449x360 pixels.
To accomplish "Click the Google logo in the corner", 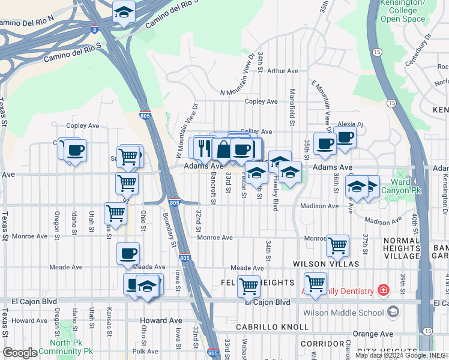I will point(20,353).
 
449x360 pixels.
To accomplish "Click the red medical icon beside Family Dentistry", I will point(382,290).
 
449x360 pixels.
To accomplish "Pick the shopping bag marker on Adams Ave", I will point(223,149).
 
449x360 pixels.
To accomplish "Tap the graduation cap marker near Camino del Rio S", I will point(124,11).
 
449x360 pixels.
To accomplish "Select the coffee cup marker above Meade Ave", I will point(128,253).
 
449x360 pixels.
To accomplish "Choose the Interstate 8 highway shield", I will point(95,29).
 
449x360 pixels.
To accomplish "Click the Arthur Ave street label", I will point(283,71).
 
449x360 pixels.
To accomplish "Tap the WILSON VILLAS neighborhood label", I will point(326,264).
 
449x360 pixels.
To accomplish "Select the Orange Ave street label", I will point(376,334).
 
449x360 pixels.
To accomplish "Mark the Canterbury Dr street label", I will point(418,50).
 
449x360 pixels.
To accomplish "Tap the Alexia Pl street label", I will point(346,124).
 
